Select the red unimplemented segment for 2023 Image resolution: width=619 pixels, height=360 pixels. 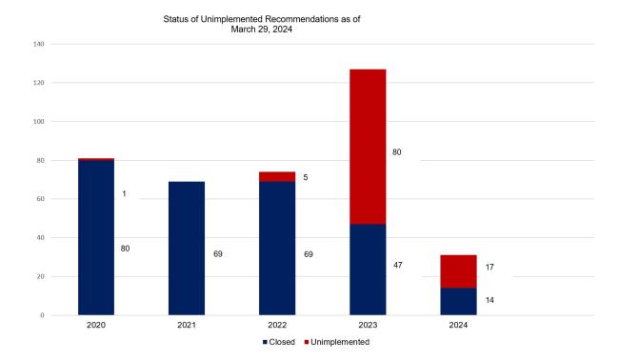pyautogui.click(x=368, y=147)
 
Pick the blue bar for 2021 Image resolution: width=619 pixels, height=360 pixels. pyautogui.click(x=187, y=248)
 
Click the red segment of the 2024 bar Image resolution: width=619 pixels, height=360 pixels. pyautogui.click(x=458, y=271)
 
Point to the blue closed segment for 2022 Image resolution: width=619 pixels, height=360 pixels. pyautogui.click(x=277, y=248)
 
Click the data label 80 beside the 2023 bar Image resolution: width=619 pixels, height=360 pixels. pyautogui.click(x=397, y=151)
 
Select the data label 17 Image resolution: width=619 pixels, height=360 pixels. pyautogui.click(x=489, y=267)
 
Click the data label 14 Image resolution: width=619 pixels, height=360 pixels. pyautogui.click(x=489, y=300)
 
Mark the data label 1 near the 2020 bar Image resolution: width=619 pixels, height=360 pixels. pyautogui.click(x=125, y=194)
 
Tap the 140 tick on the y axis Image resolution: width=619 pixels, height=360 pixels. pyautogui.click(x=39, y=44)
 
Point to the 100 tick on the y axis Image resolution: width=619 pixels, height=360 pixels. pyautogui.click(x=39, y=122)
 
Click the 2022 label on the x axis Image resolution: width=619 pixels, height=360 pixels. pyautogui.click(x=277, y=325)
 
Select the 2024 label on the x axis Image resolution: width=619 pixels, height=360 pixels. pyautogui.click(x=458, y=325)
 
